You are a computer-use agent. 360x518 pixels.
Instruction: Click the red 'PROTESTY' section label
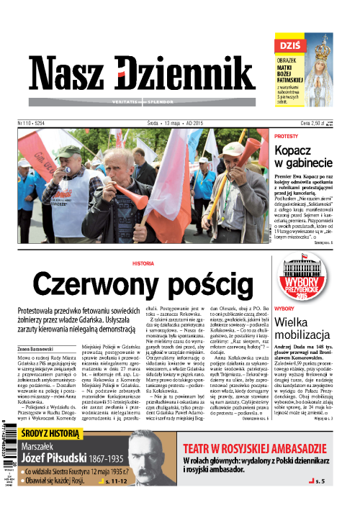pos(287,136)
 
